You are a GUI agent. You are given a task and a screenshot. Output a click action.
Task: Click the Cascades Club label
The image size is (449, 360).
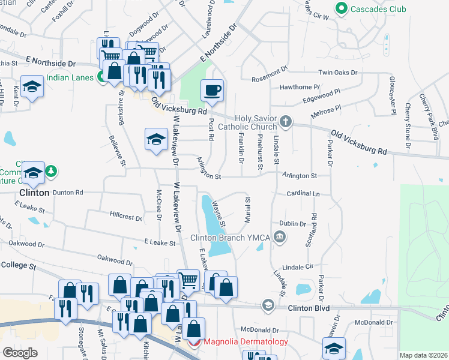click(379, 9)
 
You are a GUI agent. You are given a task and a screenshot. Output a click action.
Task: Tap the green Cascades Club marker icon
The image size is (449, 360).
click(342, 9)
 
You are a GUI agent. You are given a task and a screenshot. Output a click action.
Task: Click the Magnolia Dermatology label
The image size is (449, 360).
click(246, 342)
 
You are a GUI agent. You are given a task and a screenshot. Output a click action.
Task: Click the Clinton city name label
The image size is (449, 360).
click(34, 193)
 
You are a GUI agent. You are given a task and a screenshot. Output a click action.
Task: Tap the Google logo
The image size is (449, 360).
click(20, 353)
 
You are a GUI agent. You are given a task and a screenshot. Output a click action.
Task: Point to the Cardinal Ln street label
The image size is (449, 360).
click(303, 194)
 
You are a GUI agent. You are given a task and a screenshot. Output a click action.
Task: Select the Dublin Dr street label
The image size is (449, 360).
click(293, 223)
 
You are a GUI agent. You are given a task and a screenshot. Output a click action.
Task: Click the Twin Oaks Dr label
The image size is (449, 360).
click(337, 73)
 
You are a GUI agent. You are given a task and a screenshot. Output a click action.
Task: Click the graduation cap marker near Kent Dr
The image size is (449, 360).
click(31, 88)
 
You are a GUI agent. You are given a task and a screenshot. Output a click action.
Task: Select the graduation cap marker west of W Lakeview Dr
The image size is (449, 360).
click(155, 140)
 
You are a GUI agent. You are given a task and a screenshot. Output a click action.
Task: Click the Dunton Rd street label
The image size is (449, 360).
click(67, 193)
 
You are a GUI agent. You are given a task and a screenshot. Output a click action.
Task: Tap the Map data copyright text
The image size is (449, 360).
click(424, 355)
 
